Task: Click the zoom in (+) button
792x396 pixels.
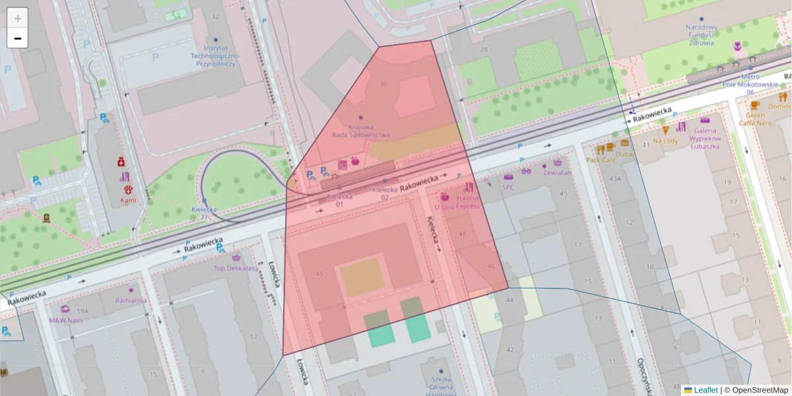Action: click(x=18, y=18)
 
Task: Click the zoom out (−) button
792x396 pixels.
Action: click(x=18, y=38)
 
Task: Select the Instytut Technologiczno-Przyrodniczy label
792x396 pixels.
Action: click(x=215, y=56)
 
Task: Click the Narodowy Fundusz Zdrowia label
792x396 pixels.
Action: click(x=701, y=36)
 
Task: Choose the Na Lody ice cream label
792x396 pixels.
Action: click(x=665, y=140)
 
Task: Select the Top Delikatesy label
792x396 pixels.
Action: click(x=236, y=268)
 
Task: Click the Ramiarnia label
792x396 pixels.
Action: click(x=131, y=300)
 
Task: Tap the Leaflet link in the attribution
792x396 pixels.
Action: click(x=706, y=390)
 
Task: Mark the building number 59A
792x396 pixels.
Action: click(x=82, y=311)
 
